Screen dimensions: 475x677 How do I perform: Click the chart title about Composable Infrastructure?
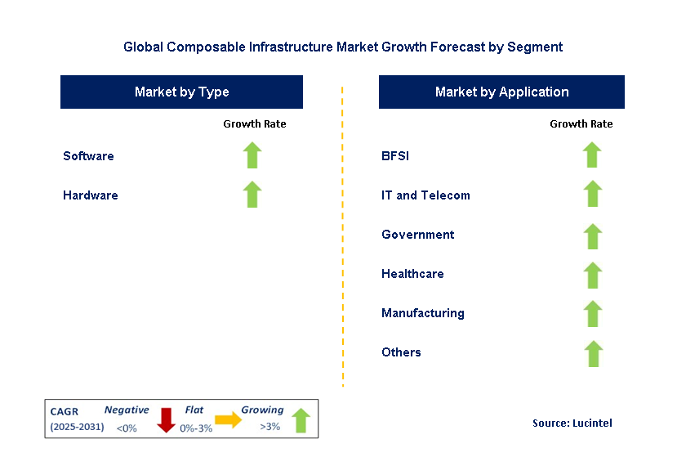pos(343,47)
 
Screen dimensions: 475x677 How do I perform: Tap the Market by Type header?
pos(181,92)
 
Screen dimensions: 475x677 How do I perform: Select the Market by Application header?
pos(501,92)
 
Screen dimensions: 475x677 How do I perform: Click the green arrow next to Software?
pos(252,155)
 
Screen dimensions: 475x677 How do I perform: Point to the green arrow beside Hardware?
pos(252,195)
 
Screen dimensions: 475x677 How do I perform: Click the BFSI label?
pos(395,155)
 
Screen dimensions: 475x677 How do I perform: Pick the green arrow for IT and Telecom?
pos(592,195)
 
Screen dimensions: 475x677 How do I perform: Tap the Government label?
pos(417,235)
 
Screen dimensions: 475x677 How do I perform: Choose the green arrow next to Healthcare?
pos(592,274)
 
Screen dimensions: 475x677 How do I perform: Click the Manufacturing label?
pos(422,313)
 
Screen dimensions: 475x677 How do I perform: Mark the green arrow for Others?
pos(592,353)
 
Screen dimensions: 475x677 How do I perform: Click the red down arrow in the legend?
pos(167,419)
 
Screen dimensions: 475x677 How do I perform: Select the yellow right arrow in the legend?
pos(228,420)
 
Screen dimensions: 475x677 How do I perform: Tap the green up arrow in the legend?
pos(301,419)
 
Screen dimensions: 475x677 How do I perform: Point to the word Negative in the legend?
pos(127,410)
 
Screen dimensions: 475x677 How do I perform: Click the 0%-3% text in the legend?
pos(196,428)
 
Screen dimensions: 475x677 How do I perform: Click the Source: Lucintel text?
pos(572,423)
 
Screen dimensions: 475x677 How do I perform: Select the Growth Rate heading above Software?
pos(254,124)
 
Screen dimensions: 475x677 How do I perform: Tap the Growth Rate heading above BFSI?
pos(581,124)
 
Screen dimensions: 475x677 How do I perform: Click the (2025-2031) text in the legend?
pos(77,427)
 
